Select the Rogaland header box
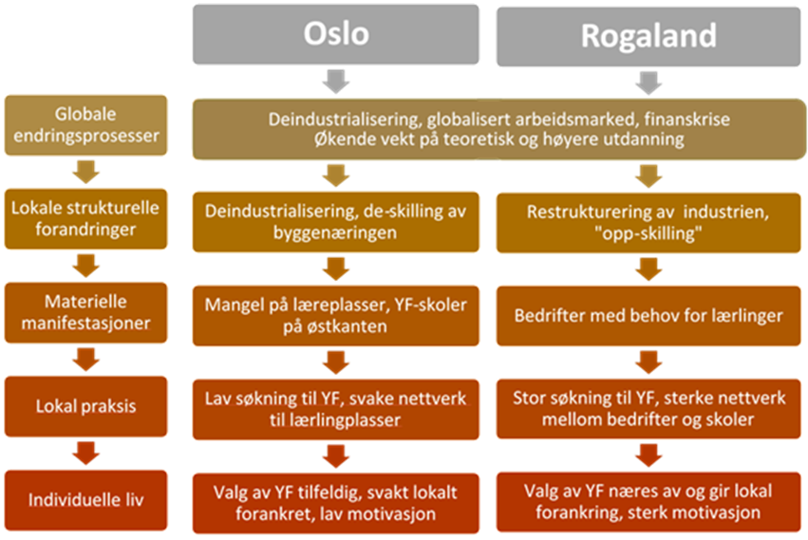point(648,36)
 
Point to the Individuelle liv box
point(86,498)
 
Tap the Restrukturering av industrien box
point(649,220)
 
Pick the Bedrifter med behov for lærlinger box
point(649,314)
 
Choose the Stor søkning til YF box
point(649,407)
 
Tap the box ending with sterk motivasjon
point(649,500)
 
